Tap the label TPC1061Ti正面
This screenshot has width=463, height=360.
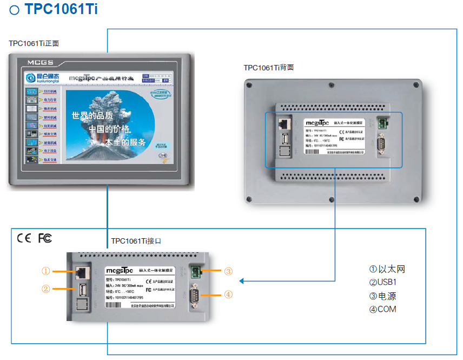pos(34,43)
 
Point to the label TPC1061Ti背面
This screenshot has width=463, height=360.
pos(268,68)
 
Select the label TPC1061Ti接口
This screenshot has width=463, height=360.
pos(136,241)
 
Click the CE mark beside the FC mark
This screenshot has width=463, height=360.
pos(24,239)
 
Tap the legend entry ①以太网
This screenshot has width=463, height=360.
pos(387,269)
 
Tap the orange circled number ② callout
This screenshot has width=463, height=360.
pos(46,289)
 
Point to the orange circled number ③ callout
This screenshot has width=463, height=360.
pos(228,271)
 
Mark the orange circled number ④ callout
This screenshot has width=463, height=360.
pos(228,294)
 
